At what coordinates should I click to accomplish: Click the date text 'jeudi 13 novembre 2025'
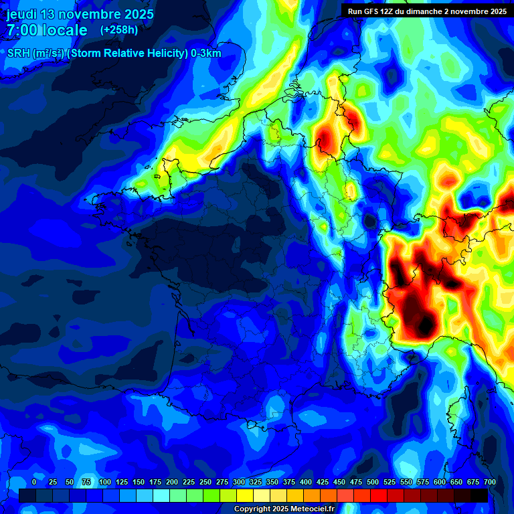80,14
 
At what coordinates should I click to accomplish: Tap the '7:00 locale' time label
48,30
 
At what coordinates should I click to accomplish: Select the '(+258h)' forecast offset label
119,30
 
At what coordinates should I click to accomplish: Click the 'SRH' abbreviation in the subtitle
18,54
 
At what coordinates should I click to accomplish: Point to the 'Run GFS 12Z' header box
427,11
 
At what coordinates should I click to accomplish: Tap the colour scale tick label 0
34,482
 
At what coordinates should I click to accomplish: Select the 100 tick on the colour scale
104,482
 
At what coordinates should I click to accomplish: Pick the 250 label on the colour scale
205,482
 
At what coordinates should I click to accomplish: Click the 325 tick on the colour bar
256,482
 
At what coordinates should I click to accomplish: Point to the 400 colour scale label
306,482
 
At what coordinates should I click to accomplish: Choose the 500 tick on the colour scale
373,482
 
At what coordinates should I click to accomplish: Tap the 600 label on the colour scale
440,482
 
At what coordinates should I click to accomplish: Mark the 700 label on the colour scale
490,482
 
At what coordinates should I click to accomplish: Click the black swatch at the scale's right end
479,495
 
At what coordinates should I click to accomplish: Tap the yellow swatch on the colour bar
245,495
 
